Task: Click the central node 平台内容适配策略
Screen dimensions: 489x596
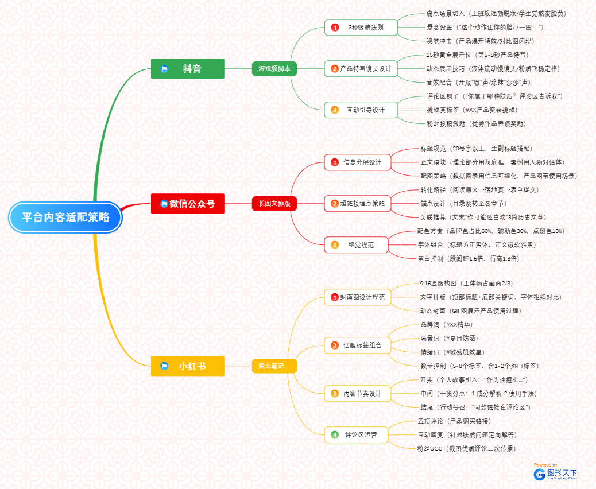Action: (65, 218)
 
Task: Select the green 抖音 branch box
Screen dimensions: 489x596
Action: (187, 69)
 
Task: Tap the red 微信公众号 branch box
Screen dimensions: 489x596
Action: (187, 203)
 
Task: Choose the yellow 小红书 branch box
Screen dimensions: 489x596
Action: (187, 366)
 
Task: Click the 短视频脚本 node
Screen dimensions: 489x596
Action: (274, 69)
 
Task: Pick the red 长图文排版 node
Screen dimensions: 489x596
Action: (274, 203)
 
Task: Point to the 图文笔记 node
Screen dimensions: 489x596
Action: (274, 366)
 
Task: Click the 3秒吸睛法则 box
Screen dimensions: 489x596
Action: (361, 28)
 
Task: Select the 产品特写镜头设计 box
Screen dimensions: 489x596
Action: (361, 69)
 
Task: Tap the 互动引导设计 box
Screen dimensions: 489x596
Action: (361, 110)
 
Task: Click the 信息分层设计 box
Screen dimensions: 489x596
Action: (357, 162)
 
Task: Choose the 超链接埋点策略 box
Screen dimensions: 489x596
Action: (357, 203)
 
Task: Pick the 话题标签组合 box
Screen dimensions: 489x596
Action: (357, 346)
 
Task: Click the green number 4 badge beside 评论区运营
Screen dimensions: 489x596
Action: (335, 435)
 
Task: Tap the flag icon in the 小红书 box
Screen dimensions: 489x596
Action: (164, 366)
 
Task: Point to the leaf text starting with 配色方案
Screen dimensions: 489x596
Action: (490, 231)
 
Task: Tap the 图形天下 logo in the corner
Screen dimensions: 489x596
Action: (555, 474)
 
